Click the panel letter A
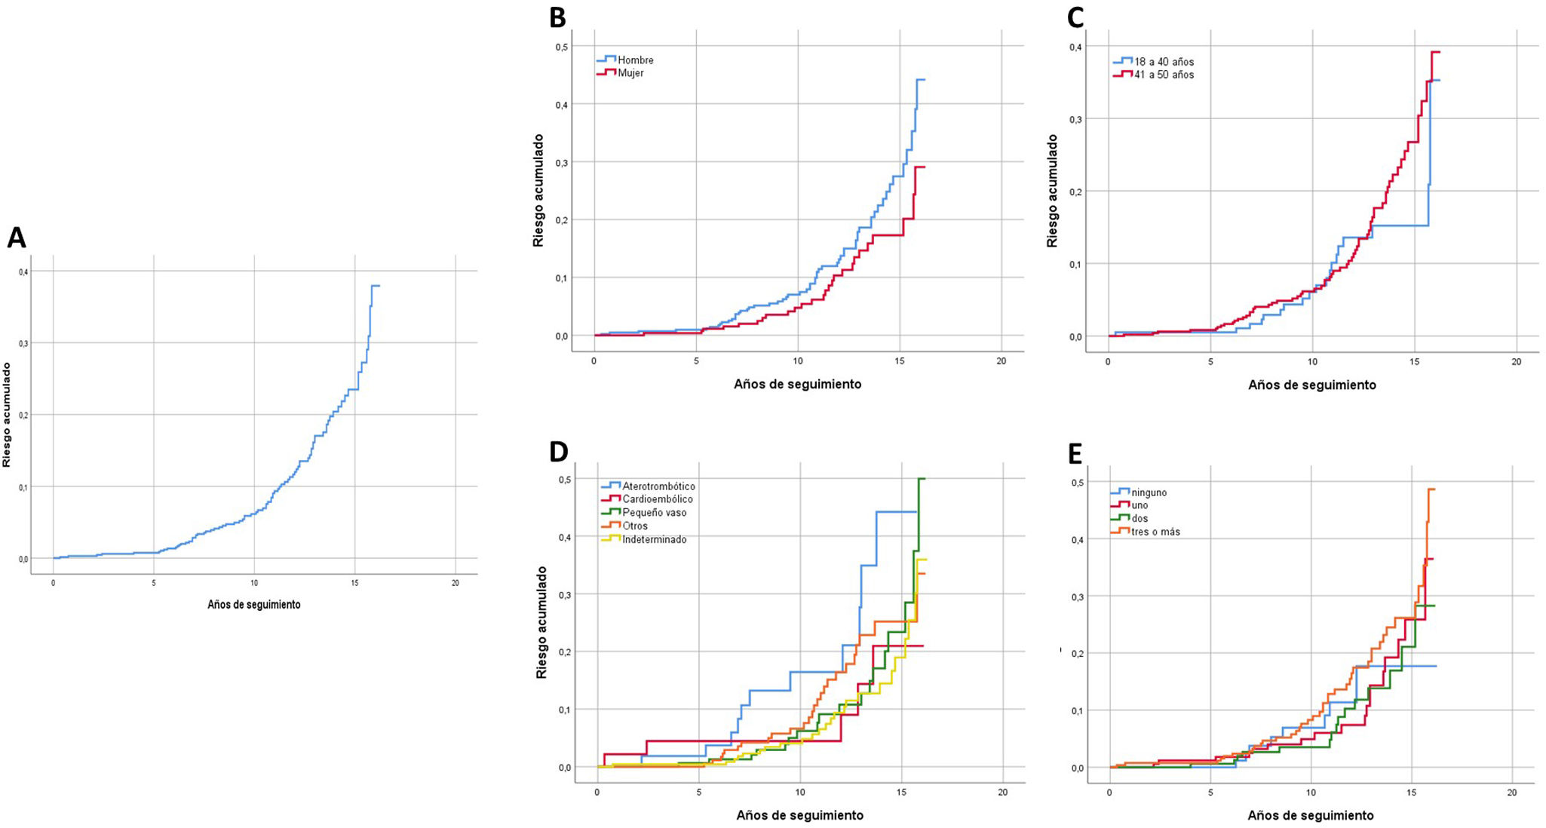click(16, 238)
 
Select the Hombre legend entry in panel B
click(635, 60)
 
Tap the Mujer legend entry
click(630, 73)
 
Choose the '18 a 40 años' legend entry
click(1163, 62)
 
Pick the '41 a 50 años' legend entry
click(1163, 75)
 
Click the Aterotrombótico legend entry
click(658, 486)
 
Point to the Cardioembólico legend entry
click(657, 499)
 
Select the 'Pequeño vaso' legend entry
click(654, 513)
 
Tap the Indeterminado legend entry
click(654, 540)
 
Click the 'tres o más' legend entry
click(1155, 532)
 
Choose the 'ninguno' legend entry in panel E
click(1148, 492)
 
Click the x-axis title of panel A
click(253, 605)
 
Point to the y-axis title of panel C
click(1052, 191)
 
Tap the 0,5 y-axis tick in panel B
click(561, 47)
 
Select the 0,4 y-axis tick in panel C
click(1075, 47)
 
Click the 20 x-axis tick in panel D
click(1002, 793)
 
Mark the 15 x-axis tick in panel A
click(354, 583)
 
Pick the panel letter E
click(1075, 453)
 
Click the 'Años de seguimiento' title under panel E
click(1310, 815)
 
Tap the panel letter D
click(558, 451)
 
